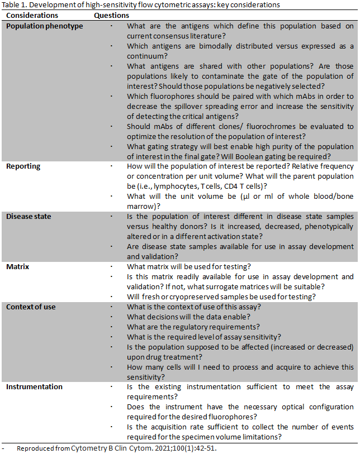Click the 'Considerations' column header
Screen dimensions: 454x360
[33, 16]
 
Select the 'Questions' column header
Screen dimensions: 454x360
[112, 16]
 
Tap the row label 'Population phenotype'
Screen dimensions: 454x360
[45, 26]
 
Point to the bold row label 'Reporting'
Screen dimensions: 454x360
[23, 166]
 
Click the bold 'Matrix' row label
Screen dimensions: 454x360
[18, 267]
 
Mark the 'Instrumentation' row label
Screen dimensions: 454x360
[35, 386]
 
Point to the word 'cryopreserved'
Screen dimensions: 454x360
[188, 297]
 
